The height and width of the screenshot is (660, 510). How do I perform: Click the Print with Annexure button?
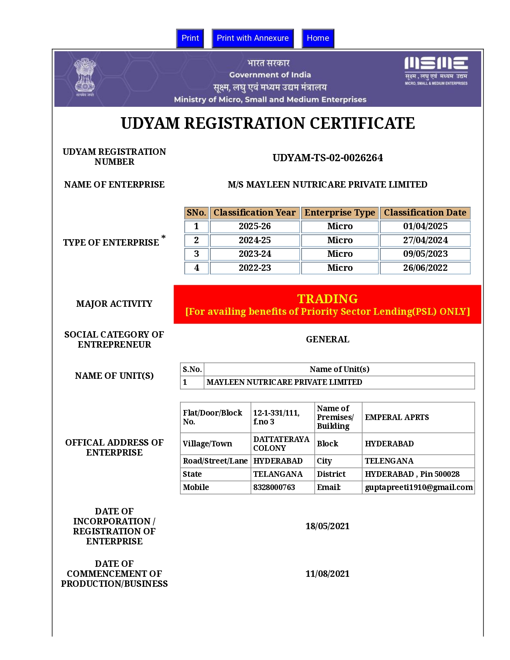pos(252,38)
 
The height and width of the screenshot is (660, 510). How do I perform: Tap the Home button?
pos(318,38)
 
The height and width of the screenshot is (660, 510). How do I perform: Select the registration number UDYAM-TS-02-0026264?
pos(328,158)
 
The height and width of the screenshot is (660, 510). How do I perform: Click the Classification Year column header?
pos(254,213)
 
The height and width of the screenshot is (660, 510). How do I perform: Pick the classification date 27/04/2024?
pos(425,240)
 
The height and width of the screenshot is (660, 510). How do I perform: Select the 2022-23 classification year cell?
pos(254,268)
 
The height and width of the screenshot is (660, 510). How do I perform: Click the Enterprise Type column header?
pos(340,213)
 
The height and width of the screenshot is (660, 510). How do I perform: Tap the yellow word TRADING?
pos(327,299)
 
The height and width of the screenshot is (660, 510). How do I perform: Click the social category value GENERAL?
pos(327,340)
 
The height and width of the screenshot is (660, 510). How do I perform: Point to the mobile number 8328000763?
pos(274,487)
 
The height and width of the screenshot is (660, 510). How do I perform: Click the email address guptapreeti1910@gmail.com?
pos(418,487)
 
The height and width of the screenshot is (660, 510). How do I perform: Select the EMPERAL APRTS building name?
pos(397,418)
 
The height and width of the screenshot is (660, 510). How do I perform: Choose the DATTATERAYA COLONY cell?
pos(281,444)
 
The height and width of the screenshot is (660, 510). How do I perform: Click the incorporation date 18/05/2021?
pos(327,526)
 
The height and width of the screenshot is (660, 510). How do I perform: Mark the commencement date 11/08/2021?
pos(327,574)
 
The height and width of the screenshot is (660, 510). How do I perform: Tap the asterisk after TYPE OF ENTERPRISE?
pos(163,238)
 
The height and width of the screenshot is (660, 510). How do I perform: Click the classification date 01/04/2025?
pos(425,226)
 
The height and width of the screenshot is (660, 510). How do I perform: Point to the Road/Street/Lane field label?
pos(215,461)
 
